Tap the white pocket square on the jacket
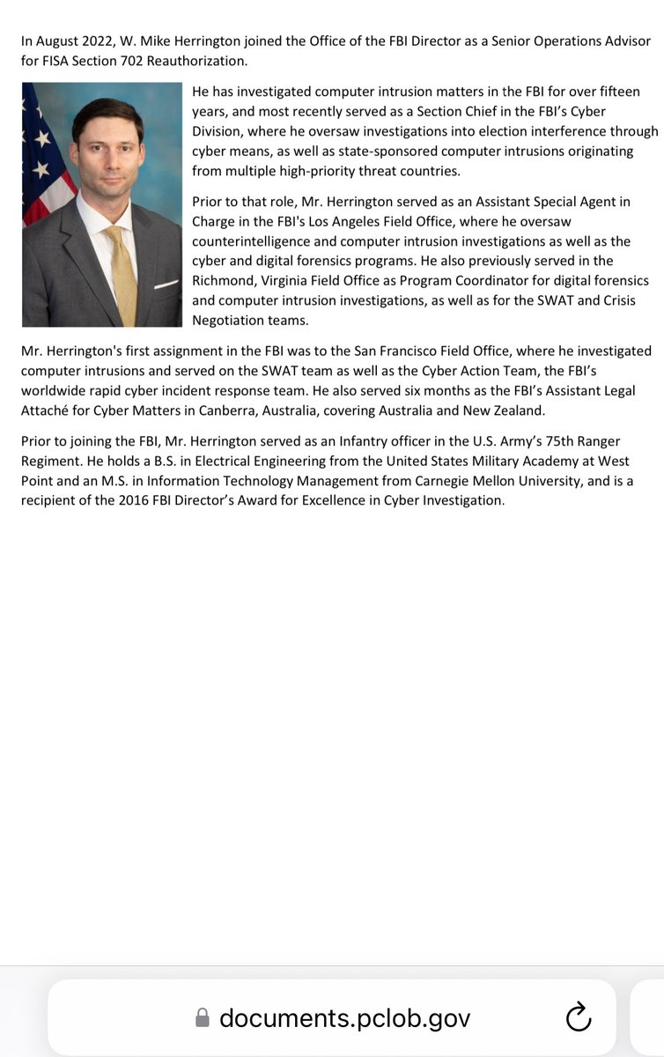pyautogui.click(x=166, y=284)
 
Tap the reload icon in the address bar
pyautogui.click(x=577, y=1018)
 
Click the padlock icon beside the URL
pyautogui.click(x=203, y=1018)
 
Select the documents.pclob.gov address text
pyautogui.click(x=345, y=1018)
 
